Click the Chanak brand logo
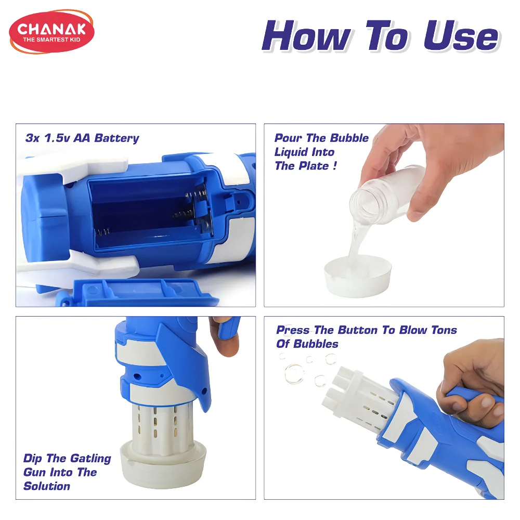pos(51,32)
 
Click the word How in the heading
pos(306,36)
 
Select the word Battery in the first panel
pos(116,138)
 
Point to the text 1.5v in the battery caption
pos(57,138)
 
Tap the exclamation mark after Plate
pos(335,165)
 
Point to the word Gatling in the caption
pos(90,459)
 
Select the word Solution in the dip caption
pos(47,486)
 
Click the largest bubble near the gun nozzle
pos(294,374)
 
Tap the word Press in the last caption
pos(292,330)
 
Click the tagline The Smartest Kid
pos(51,40)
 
